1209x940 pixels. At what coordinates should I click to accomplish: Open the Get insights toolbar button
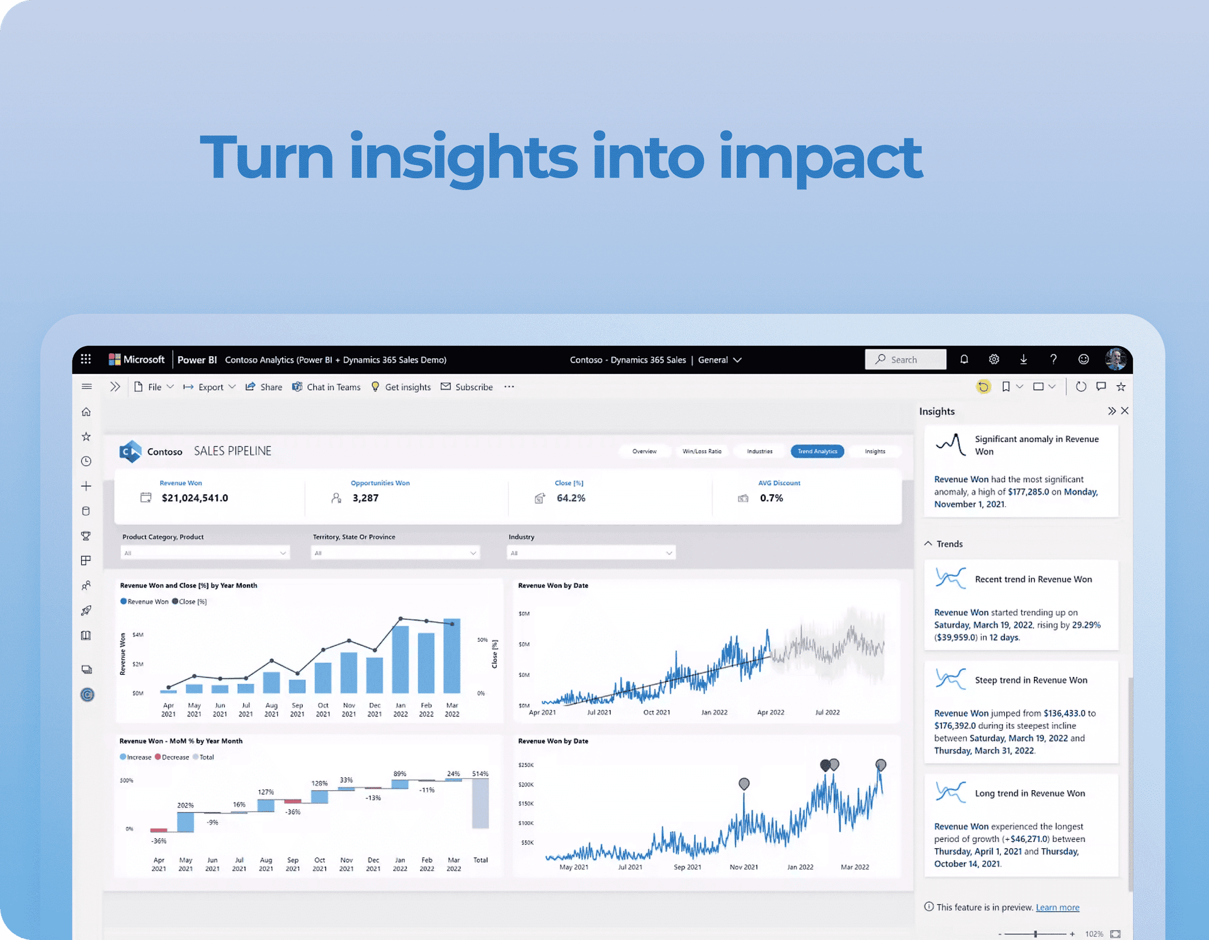pyautogui.click(x=401, y=387)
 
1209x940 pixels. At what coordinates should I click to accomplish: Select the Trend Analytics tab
pyautogui.click(x=817, y=451)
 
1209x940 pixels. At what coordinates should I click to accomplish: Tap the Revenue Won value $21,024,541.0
pyautogui.click(x=195, y=498)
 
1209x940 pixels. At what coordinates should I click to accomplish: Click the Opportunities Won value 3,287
pyautogui.click(x=365, y=498)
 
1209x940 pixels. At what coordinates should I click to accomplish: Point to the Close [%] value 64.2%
pyautogui.click(x=570, y=498)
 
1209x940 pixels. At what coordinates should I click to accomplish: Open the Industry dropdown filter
pyautogui.click(x=591, y=553)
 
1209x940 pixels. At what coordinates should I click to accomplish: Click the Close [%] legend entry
pyautogui.click(x=190, y=601)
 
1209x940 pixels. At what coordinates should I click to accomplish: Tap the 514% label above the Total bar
pyautogui.click(x=480, y=774)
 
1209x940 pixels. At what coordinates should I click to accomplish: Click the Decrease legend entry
pyautogui.click(x=172, y=757)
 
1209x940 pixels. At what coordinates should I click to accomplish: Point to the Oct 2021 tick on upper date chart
pyautogui.click(x=656, y=712)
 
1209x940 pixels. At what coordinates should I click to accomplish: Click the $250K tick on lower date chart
pyautogui.click(x=526, y=765)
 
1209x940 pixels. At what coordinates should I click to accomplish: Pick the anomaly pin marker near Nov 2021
pyautogui.click(x=744, y=783)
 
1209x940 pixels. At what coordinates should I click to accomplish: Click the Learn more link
pyautogui.click(x=1057, y=907)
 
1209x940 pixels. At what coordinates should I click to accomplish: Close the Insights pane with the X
pyautogui.click(x=1125, y=411)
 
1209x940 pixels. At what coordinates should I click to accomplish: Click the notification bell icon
pyautogui.click(x=964, y=360)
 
